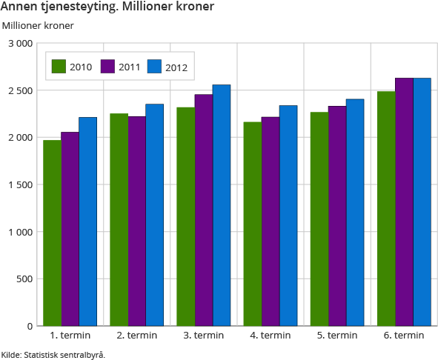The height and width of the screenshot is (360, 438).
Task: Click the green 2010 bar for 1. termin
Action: tap(52, 233)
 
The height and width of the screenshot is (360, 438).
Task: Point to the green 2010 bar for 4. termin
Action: tap(253, 224)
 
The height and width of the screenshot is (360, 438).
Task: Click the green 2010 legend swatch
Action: tap(59, 67)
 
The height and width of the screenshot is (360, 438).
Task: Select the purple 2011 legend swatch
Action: tap(107, 67)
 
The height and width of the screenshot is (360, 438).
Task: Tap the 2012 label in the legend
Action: tap(176, 68)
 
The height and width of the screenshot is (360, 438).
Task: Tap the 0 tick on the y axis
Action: tap(29, 326)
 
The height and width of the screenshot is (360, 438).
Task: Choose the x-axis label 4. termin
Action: tap(271, 336)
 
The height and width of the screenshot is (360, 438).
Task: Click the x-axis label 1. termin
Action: tap(70, 336)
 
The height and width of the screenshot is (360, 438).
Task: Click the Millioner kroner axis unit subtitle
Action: tap(38, 26)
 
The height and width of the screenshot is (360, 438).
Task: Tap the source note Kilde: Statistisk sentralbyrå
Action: tap(53, 354)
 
